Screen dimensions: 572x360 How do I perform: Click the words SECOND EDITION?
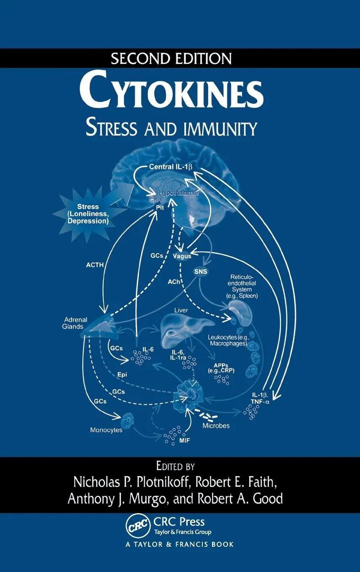[171, 58]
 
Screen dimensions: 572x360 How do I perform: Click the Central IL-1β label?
[170, 167]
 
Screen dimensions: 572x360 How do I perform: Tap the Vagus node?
[182, 256]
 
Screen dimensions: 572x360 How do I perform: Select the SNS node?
[200, 271]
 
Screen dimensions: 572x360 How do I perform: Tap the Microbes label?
[216, 426]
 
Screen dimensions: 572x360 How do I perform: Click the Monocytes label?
[106, 430]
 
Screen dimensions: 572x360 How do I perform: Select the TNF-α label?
[261, 402]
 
